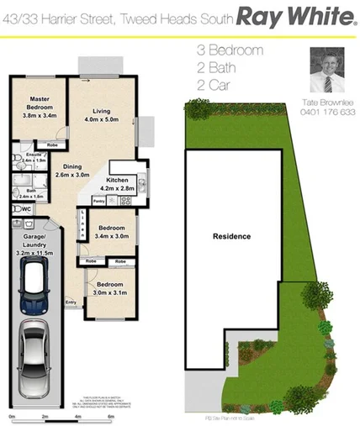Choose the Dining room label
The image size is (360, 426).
click(71, 166)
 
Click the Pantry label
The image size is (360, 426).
click(98, 202)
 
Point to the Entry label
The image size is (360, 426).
click(71, 302)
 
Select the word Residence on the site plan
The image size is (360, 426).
click(231, 236)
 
